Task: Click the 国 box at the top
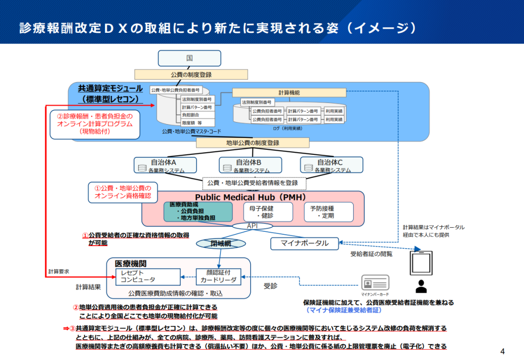click(189, 58)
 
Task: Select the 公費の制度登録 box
click(191, 75)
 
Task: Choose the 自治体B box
click(251, 165)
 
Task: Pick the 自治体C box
click(332, 165)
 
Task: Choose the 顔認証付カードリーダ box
click(219, 277)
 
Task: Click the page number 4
click(502, 351)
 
